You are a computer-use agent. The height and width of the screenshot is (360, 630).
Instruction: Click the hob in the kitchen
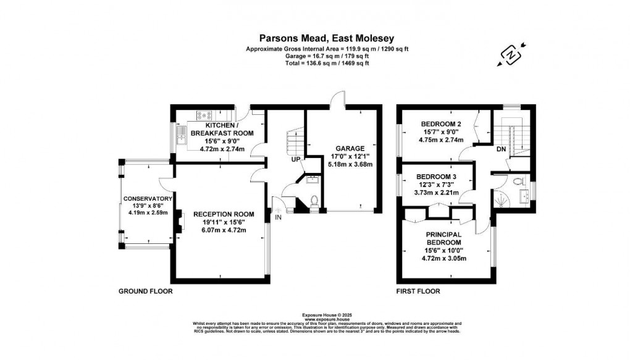point(204,114)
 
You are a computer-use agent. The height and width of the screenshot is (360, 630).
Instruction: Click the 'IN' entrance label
point(279,217)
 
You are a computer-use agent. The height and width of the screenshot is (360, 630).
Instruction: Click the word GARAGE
point(350,148)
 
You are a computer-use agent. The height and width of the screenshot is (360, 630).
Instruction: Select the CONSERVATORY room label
point(147,198)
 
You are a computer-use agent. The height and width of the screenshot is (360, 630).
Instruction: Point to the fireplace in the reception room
point(179,220)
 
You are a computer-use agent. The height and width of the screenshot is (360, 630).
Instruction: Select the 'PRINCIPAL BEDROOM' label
point(445,238)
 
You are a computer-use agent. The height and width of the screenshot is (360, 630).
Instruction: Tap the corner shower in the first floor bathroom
point(501,199)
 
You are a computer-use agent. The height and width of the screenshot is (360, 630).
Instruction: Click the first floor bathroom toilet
point(518,182)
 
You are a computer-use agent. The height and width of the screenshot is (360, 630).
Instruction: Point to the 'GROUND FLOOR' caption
point(145,291)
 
